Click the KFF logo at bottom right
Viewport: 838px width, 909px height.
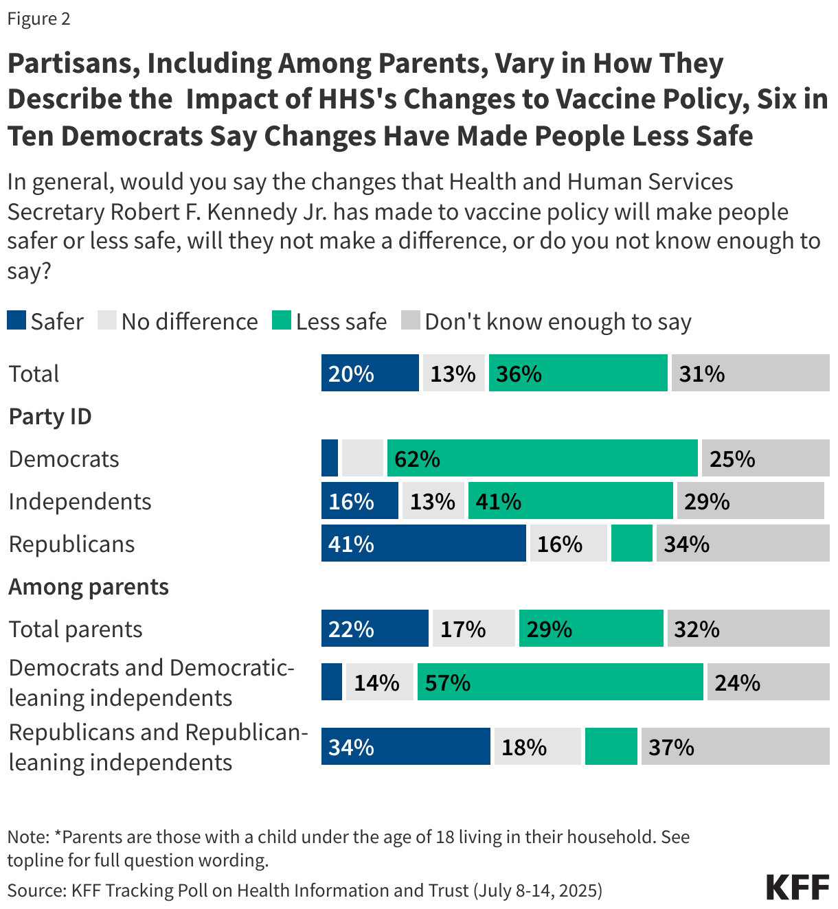[x=797, y=887]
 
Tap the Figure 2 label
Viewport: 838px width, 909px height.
[x=39, y=19]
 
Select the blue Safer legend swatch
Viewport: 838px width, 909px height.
[x=16, y=320]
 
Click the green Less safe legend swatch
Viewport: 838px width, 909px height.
[x=282, y=320]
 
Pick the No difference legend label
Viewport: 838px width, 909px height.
[x=190, y=321]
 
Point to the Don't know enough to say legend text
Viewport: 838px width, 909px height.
[x=558, y=321]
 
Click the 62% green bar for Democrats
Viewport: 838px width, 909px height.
[x=542, y=458]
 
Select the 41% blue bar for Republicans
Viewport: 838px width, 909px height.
[x=423, y=543]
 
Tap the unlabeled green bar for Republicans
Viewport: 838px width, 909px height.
[x=631, y=543]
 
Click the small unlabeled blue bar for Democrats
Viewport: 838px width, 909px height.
[x=330, y=458]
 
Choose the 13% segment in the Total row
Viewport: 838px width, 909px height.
[x=453, y=373]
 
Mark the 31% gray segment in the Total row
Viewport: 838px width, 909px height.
[x=750, y=373]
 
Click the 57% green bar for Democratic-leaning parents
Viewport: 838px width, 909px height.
[x=560, y=682]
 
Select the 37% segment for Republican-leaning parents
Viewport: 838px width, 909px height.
[x=735, y=746]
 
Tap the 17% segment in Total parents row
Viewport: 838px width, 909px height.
[x=473, y=628]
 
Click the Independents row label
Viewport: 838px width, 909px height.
[x=80, y=501]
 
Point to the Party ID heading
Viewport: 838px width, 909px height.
[x=50, y=416]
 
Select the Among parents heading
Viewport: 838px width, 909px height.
[x=89, y=586]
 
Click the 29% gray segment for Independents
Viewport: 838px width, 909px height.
[x=750, y=500]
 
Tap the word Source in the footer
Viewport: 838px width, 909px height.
[x=35, y=890]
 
